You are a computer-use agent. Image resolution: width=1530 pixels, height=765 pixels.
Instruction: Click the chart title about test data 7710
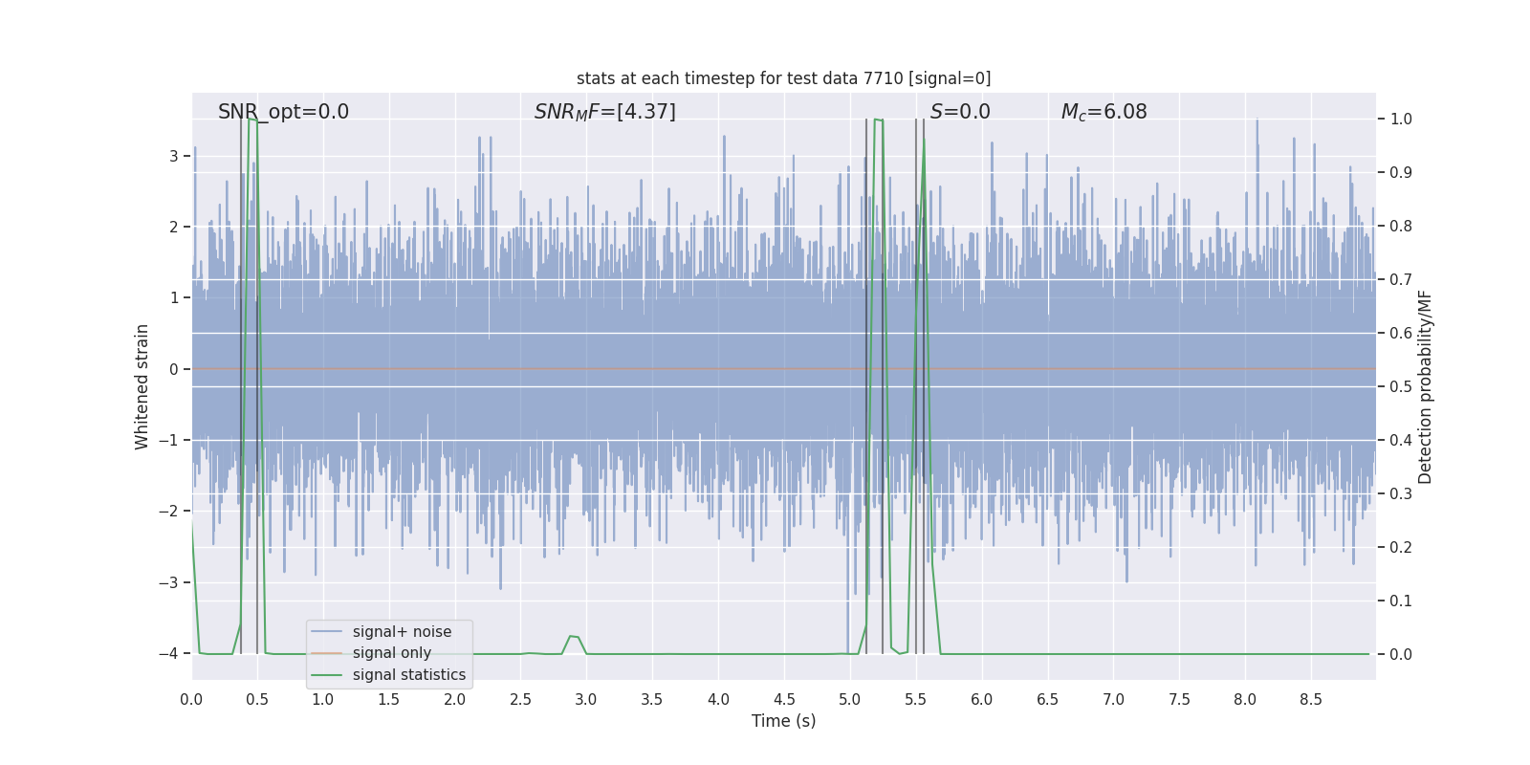783,78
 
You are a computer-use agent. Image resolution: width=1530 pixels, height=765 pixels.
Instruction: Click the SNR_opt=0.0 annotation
283,112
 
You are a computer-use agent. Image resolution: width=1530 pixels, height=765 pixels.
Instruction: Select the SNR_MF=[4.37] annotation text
604,112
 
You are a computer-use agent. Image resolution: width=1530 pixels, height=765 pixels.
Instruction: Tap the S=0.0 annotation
960,112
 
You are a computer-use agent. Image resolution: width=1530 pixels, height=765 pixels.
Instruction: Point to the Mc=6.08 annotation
1104,112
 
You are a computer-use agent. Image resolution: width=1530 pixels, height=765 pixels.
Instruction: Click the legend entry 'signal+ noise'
402,632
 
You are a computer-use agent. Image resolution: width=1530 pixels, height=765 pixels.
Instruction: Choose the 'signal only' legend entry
391,653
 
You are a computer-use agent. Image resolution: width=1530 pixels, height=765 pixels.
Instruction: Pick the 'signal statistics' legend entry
408,675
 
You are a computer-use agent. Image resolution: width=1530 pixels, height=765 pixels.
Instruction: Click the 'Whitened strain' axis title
142,386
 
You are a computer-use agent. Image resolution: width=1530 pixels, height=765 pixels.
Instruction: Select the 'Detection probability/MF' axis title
1425,386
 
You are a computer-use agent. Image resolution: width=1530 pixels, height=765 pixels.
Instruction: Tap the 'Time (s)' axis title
783,721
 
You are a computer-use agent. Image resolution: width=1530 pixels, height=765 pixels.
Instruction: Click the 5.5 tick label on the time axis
915,700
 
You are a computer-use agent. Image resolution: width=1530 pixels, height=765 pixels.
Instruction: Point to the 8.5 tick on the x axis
1310,700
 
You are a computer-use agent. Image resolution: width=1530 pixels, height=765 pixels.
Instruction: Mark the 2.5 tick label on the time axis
520,700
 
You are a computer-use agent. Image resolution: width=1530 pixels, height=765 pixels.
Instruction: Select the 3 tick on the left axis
173,156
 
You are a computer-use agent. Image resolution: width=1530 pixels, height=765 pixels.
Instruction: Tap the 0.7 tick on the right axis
1401,280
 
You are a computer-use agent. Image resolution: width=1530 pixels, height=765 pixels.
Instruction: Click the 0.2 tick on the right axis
1401,548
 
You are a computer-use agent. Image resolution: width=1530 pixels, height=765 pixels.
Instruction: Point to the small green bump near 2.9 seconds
573,636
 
